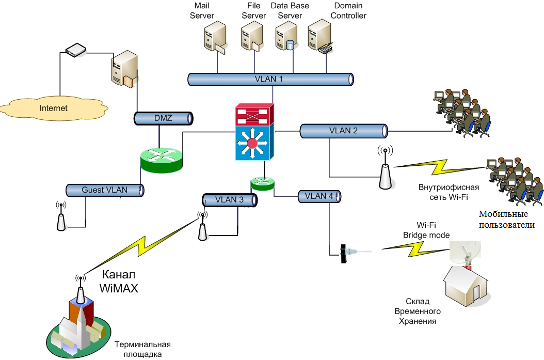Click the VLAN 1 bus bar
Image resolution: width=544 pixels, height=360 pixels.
click(x=270, y=79)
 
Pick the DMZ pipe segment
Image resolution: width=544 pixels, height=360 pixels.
click(x=164, y=119)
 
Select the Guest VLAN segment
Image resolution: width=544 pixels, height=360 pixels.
click(x=105, y=190)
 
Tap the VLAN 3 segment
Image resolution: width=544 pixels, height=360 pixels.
click(x=230, y=200)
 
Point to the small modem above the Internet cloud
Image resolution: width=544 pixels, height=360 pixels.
click(x=76, y=50)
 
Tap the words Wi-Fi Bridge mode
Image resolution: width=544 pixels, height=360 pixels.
click(x=426, y=230)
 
